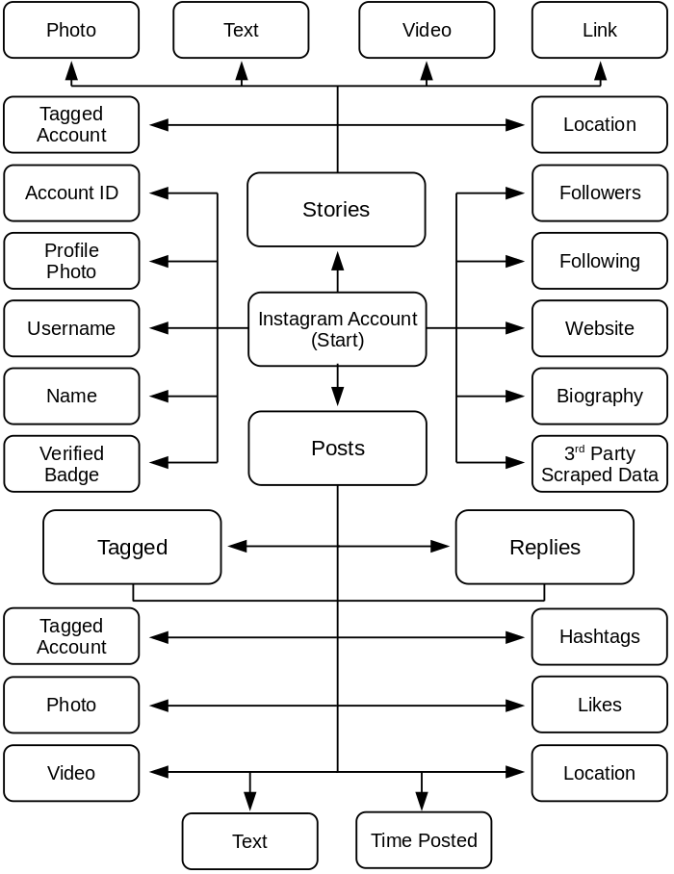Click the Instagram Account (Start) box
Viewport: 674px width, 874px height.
coord(337,329)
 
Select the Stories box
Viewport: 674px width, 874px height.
coord(336,210)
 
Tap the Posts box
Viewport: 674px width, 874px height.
coord(337,449)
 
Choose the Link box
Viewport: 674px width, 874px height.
coord(599,30)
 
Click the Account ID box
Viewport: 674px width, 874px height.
coord(71,193)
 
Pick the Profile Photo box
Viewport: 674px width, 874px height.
coord(71,261)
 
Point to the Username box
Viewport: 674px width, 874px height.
coord(71,328)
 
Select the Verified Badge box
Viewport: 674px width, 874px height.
coord(71,464)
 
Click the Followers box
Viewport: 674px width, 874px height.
coord(599,193)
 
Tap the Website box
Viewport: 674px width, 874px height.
coord(599,328)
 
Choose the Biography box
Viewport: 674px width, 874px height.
coord(599,396)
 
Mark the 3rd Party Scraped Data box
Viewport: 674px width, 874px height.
coord(599,464)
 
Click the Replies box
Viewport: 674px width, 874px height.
coord(544,547)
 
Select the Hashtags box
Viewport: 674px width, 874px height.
coord(599,636)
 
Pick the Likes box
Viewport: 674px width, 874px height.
coord(599,705)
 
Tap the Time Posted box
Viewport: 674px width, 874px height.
coord(424,840)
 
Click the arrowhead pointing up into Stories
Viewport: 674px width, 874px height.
coord(337,260)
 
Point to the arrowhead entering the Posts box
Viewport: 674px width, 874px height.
coord(337,398)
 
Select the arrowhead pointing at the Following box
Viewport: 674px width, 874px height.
coord(516,261)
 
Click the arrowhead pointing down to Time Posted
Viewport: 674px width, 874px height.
coord(421,801)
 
